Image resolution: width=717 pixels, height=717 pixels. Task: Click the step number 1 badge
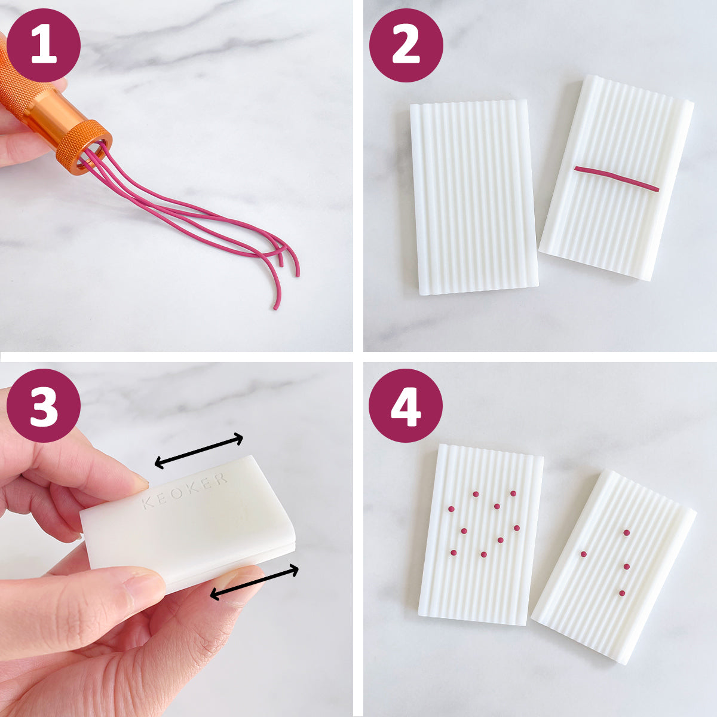44,45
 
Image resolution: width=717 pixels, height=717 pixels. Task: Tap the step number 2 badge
406,45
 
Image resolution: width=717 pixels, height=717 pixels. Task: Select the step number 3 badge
44,405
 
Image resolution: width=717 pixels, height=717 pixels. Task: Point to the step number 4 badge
406,405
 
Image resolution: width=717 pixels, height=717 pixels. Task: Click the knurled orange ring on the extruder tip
84,146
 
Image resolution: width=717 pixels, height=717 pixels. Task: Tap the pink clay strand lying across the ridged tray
617,179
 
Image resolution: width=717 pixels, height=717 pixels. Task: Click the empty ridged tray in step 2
474,197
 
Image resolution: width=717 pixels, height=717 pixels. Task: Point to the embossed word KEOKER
185,491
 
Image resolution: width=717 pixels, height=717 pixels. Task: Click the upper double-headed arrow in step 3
199,451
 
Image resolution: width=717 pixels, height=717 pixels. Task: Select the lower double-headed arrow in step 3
255,582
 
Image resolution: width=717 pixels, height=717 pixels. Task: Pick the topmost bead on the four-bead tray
627,532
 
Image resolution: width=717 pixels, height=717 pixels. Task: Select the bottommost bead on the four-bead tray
622,593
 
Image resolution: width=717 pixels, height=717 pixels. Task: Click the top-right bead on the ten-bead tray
513,494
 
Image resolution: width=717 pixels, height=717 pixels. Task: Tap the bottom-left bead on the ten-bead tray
453,553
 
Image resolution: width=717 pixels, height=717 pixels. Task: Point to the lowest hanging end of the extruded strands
275,308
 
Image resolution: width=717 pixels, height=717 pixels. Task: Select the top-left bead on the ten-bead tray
451,508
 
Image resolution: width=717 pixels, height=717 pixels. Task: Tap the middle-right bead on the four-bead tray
627,566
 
